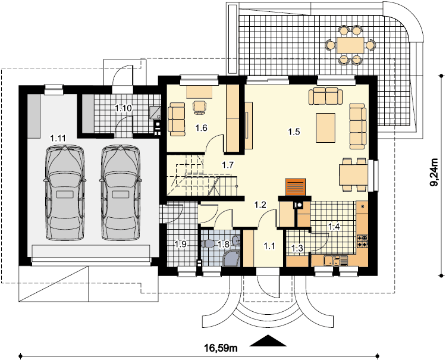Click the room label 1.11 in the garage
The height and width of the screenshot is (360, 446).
point(58,139)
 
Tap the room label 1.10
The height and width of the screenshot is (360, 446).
point(123,108)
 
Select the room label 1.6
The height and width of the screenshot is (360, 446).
point(201,128)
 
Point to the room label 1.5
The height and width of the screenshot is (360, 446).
point(294,132)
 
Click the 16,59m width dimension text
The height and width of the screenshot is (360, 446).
point(221,348)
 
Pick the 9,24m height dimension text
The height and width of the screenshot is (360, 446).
point(434,173)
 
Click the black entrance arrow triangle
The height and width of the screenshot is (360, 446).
point(268,340)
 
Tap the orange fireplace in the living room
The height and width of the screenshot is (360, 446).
point(295,187)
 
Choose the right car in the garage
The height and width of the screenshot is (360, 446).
point(121,193)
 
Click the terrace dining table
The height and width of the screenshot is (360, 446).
point(350,45)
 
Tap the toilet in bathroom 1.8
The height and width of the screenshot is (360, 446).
point(208,244)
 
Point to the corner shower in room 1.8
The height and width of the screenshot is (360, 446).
point(231,258)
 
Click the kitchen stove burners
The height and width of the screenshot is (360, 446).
point(363,241)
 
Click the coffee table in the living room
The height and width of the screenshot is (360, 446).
point(325,127)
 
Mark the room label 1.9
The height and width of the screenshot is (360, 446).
point(180,244)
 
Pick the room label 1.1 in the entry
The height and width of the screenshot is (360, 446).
point(269,245)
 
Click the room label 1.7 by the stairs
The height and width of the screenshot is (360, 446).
point(228,165)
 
